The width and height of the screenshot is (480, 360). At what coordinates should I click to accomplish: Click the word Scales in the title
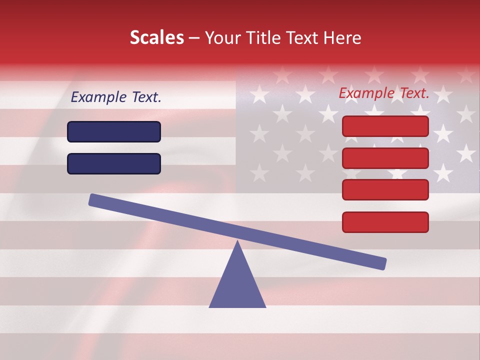coord(156,37)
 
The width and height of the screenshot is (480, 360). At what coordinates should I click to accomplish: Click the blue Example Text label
coord(116,97)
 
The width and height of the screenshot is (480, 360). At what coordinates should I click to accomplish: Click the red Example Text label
coord(384,93)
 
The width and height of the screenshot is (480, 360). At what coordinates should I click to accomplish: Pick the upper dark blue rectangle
coord(114,131)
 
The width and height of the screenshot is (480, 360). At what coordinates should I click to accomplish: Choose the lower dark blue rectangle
coord(114,163)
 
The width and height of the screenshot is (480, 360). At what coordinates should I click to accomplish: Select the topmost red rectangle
coord(385,126)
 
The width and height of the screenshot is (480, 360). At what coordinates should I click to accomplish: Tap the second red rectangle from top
coord(385,158)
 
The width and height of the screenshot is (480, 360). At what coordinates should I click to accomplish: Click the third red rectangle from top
coord(385,190)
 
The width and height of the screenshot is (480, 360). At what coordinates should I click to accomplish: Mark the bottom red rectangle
coord(385,222)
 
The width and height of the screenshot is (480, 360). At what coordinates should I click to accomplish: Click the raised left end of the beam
coord(93,199)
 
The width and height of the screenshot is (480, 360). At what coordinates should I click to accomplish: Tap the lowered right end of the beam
coord(381,263)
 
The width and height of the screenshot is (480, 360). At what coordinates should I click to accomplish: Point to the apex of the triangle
coord(237,242)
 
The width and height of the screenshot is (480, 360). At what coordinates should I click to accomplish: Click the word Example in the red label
coord(365,93)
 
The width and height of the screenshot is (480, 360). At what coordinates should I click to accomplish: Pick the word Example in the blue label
coord(97,97)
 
